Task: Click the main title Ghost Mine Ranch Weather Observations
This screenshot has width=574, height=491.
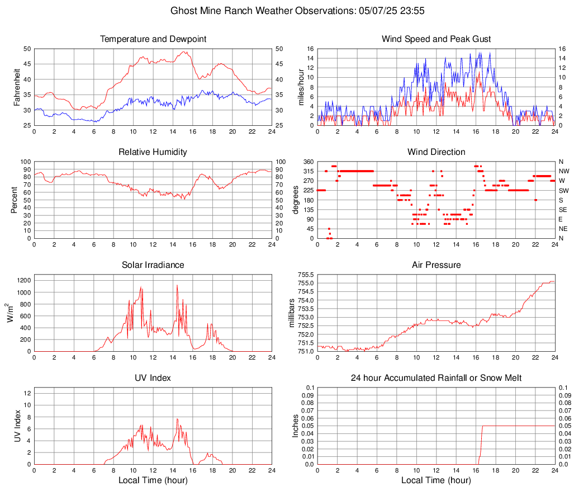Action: point(286,11)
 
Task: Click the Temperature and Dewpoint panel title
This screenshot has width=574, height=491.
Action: point(153,39)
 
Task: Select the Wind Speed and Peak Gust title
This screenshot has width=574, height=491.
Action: point(436,39)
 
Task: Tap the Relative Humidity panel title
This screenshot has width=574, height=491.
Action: point(153,152)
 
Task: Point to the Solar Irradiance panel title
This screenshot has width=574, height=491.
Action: point(153,265)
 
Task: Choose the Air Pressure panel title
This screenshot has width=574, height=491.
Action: point(436,265)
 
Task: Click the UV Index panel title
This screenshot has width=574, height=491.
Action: point(153,378)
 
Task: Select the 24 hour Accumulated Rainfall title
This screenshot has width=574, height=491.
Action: point(436,378)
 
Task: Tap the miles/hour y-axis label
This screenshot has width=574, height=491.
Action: point(300,87)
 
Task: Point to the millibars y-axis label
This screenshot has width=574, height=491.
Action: point(292,313)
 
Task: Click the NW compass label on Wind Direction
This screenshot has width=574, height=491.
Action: point(564,171)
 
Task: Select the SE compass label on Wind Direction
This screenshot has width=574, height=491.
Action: point(563,210)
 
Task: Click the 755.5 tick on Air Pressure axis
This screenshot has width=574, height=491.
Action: point(305,275)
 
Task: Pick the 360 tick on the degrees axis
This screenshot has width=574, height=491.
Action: point(308,162)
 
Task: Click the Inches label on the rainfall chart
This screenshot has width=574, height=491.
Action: point(296,426)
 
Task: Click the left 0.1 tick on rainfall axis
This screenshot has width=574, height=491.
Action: point(310,388)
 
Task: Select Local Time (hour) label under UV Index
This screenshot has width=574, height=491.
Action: point(153,480)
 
